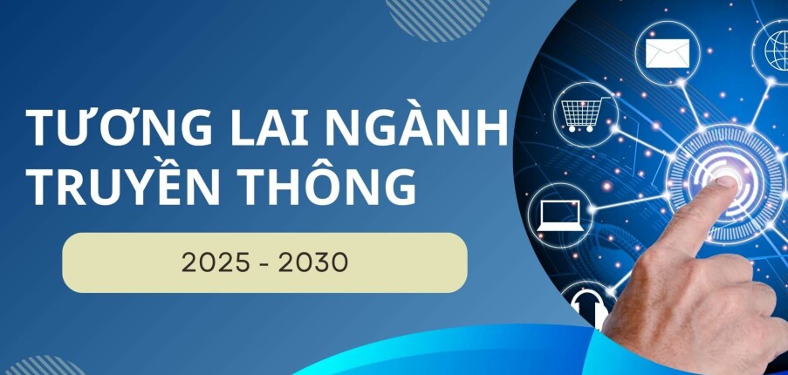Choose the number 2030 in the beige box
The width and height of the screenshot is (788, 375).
click(x=312, y=262)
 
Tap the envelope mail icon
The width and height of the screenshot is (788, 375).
click(x=668, y=51)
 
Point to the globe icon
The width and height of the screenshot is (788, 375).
click(x=776, y=48)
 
